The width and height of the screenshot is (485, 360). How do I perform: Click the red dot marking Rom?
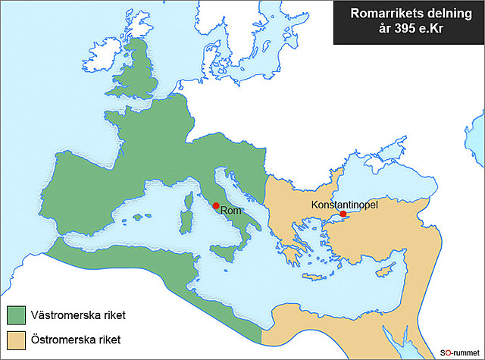click(216, 205)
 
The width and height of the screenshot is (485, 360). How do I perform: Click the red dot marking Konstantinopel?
click(343, 214)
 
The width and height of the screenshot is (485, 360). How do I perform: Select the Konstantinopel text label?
click(344, 204)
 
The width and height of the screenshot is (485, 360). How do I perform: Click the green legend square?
click(16, 314)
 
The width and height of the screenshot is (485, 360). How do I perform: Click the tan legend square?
click(16, 338)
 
